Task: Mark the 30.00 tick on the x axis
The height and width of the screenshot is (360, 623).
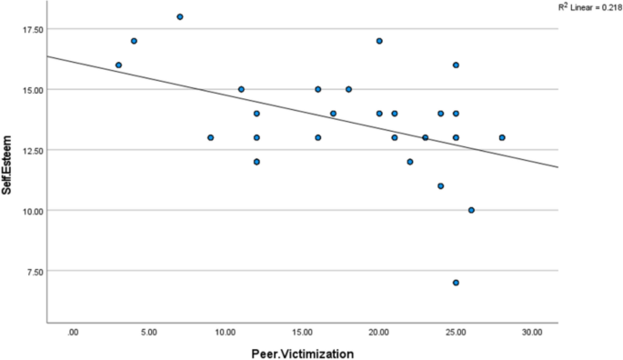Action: [x=532, y=332]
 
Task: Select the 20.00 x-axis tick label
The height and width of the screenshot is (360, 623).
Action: [x=379, y=332]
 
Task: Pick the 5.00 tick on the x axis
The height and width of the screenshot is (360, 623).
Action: [x=149, y=332]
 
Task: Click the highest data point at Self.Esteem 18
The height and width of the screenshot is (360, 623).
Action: [x=180, y=16]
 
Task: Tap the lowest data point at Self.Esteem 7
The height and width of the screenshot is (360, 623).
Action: [x=456, y=283]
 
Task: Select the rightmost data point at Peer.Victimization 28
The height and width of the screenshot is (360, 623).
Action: [x=502, y=137]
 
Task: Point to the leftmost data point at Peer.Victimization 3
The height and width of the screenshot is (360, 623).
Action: [x=118, y=65]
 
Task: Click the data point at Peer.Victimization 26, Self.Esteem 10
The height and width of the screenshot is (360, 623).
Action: [x=471, y=210]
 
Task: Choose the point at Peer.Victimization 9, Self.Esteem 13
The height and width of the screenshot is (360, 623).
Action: [x=210, y=137]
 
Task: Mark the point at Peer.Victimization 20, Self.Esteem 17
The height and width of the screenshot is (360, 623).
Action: [x=379, y=41]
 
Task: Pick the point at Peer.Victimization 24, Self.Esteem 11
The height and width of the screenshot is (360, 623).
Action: [x=440, y=185]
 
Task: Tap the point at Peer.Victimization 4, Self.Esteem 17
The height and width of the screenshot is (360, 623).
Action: [x=134, y=41]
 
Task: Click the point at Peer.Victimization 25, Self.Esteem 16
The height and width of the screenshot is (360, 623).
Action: [x=456, y=65]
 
